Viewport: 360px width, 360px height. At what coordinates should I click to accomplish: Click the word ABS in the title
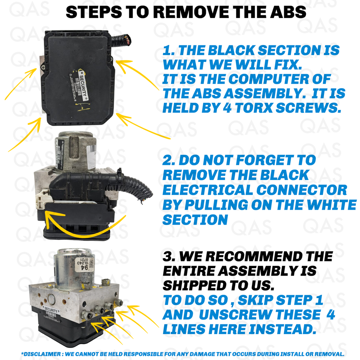[287, 12]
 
